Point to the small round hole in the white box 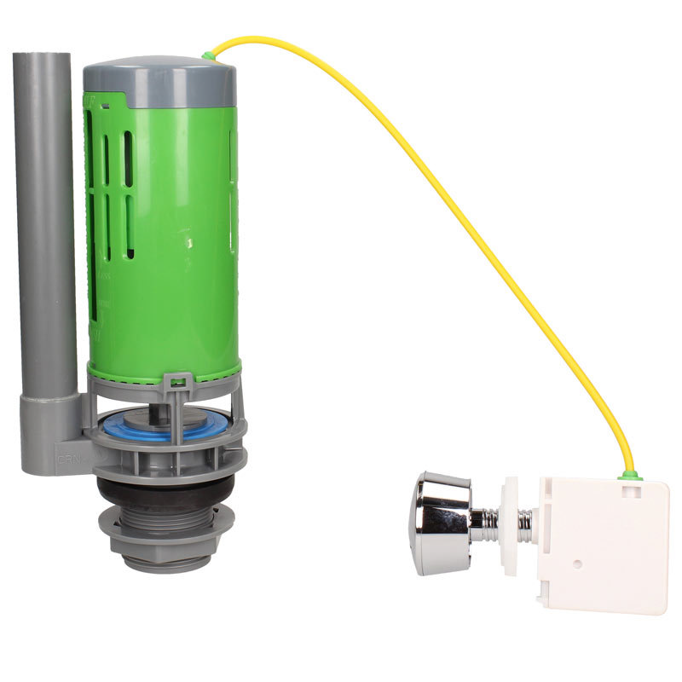pos(578,564)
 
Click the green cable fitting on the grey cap pos(208,56)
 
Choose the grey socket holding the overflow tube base pos(53,426)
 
